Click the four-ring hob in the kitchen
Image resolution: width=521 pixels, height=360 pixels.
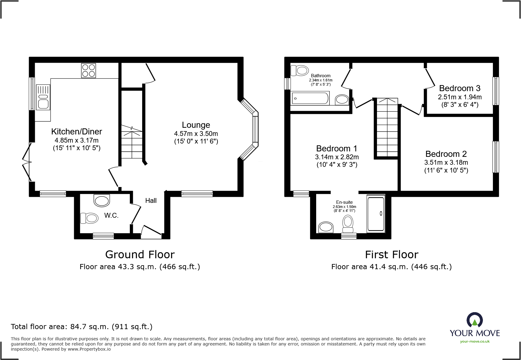(x=88, y=71)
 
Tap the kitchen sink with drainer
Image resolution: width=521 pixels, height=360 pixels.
(x=43, y=97)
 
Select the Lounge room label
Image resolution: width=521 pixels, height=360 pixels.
(x=196, y=125)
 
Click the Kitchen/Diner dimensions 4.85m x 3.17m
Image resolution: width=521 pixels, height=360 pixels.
(x=77, y=140)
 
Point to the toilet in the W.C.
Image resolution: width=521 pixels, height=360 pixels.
(x=89, y=218)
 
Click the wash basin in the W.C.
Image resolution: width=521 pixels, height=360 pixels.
(x=102, y=200)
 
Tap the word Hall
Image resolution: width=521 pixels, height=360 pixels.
(x=151, y=200)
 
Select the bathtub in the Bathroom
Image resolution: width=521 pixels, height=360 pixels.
(x=310, y=98)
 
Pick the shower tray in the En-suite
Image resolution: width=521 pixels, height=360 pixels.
(x=376, y=213)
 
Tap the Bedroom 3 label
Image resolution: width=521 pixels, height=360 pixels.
(x=459, y=88)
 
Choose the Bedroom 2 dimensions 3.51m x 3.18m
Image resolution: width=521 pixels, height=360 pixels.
(x=446, y=163)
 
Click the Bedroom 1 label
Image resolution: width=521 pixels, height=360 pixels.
(x=336, y=148)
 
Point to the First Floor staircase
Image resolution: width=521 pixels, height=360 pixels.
(x=387, y=127)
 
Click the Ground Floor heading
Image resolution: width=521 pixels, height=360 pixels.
(x=140, y=255)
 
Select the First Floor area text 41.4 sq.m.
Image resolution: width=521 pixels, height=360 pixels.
(x=391, y=267)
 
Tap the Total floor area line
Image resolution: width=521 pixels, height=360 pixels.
(x=82, y=327)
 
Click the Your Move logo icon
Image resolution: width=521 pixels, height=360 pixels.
(x=474, y=320)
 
